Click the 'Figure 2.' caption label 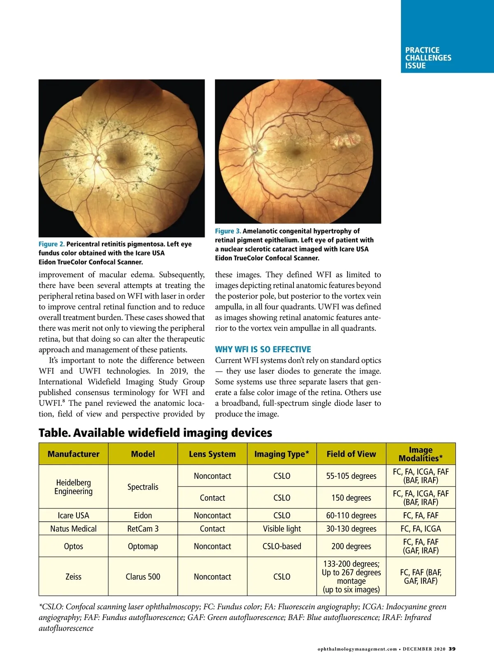click(51, 244)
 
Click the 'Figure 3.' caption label click(228, 231)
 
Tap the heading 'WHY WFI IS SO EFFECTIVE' click(263, 349)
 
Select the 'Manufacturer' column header click(73, 454)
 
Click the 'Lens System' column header click(212, 454)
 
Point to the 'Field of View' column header click(351, 454)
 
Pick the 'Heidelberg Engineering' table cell click(73, 487)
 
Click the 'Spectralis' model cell click(143, 487)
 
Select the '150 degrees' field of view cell click(351, 498)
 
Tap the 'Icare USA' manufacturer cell click(73, 515)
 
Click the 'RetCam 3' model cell click(143, 529)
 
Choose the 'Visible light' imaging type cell click(282, 529)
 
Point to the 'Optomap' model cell click(143, 546)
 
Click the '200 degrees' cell click(351, 546)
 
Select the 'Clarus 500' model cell click(143, 577)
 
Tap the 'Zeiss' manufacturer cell click(73, 577)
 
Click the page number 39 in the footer click(452, 649)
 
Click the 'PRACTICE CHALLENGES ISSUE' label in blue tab click(428, 58)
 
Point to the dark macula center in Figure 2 click(121, 157)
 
